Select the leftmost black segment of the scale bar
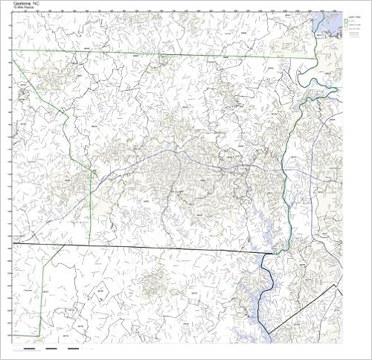point(29,347)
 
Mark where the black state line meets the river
point(277,254)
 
